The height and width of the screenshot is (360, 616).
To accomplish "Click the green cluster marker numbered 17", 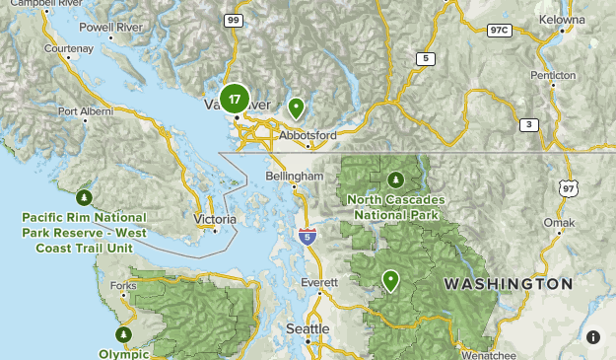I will (234, 99).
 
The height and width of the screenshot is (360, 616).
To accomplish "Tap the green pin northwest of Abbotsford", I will (296, 107).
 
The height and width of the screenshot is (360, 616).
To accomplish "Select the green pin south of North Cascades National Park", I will (391, 280).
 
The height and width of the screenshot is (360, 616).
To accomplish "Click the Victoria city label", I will (216, 218).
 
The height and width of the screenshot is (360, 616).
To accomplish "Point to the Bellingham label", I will (295, 176).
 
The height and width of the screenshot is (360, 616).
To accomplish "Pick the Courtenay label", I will (69, 47).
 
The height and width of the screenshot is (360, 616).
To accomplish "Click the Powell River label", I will (109, 28).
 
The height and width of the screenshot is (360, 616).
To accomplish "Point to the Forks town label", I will (124, 286).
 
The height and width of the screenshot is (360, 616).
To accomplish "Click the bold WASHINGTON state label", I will (508, 284).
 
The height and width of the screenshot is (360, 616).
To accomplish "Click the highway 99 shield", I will (234, 20).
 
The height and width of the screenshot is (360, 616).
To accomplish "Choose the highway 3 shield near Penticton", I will (529, 124).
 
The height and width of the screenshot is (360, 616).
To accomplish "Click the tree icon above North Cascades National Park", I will (395, 180).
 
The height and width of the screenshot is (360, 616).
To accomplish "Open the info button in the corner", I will (593, 337).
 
